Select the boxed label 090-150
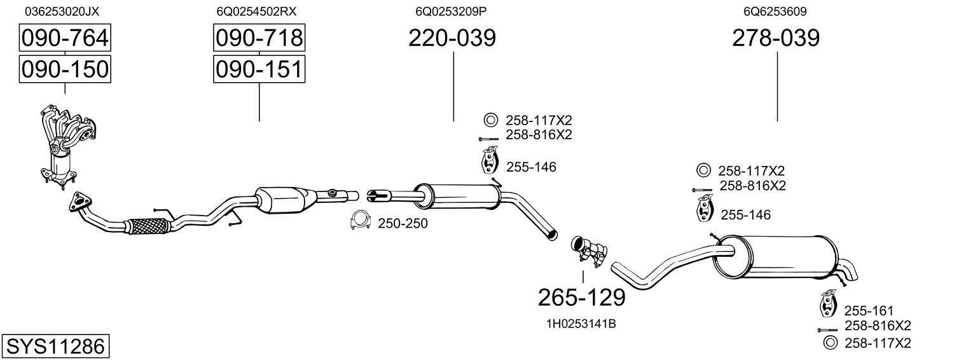(x=65, y=69)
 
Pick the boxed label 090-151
(x=259, y=69)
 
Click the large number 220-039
(x=452, y=38)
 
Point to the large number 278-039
(x=776, y=38)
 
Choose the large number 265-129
(x=582, y=297)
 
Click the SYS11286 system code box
(x=55, y=347)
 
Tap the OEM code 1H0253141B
(x=581, y=324)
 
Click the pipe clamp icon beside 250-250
(x=361, y=221)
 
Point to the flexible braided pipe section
(x=149, y=225)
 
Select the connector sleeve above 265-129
(x=588, y=250)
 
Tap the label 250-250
(x=403, y=223)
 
